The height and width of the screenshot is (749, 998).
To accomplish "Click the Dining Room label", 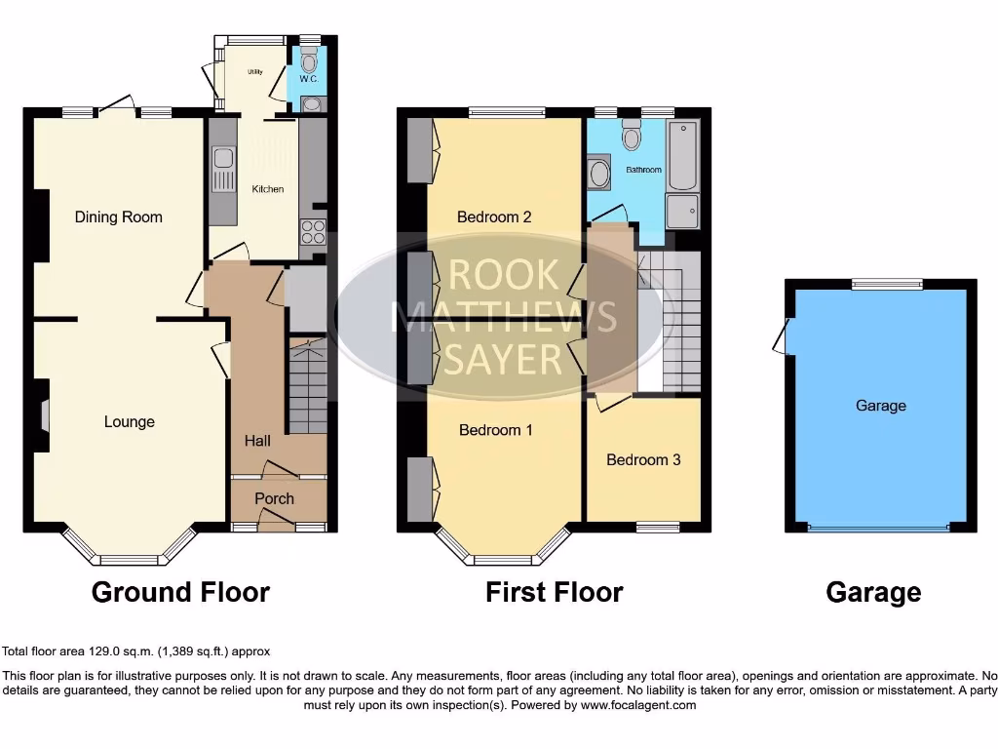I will pos(118,217).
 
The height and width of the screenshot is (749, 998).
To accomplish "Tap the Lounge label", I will pos(130,421).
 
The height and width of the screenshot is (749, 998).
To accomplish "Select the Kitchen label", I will pos(268,189).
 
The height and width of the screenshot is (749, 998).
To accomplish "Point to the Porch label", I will pos(274,498).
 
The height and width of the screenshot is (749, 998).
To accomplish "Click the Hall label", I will pos(257,441).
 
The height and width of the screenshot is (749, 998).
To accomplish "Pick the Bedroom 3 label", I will pos(643,459).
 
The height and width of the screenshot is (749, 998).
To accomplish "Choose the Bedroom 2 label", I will pos(494,217).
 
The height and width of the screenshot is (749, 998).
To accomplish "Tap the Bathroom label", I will pos(643,170).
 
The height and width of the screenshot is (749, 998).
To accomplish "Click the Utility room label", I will pos(254,72).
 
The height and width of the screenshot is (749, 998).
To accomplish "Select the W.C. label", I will pos(310,78).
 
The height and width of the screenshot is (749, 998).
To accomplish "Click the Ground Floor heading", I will pos(180,591).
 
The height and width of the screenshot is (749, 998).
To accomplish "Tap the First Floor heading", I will pos(555,591).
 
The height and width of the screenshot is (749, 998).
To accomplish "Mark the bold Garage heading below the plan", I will pos(873,591).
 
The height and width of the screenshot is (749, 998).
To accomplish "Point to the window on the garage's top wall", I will pos(886,284).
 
